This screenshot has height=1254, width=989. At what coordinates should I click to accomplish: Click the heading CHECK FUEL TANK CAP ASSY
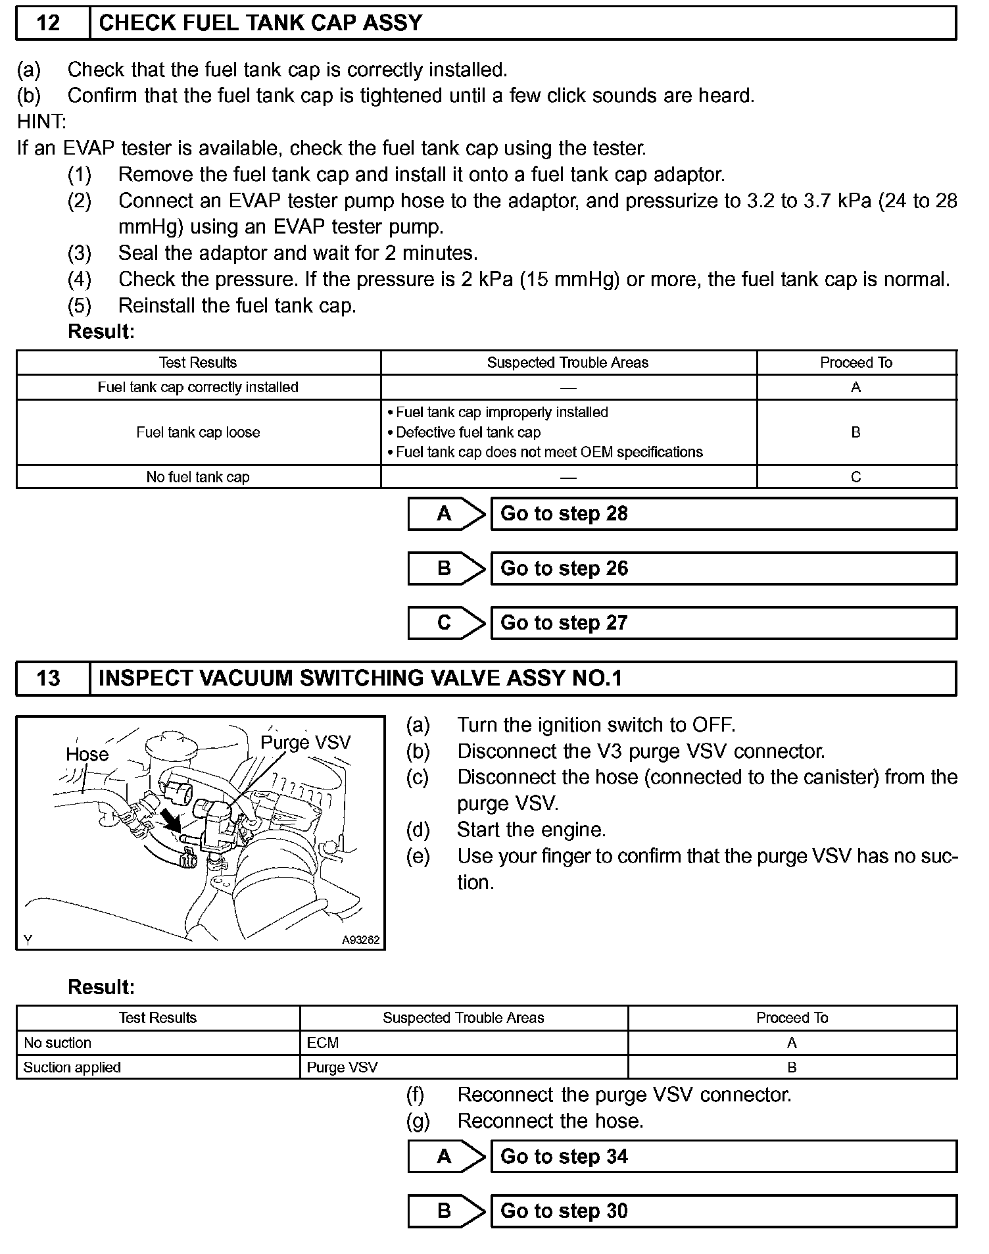coord(260,23)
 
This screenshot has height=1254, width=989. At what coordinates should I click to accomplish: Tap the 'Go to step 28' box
coord(723,514)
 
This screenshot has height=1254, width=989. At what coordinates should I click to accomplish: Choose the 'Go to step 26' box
coord(723,568)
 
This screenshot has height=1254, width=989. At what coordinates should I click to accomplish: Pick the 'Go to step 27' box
coord(723,623)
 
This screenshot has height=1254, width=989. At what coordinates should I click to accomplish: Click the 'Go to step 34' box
coord(723,1157)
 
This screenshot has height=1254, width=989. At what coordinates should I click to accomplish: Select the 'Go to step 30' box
coord(723,1211)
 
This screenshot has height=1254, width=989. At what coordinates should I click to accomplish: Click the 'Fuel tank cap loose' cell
coord(198,432)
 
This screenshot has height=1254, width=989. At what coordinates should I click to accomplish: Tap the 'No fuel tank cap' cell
coord(198,477)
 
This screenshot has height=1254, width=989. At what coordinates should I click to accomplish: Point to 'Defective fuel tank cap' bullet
coord(468,432)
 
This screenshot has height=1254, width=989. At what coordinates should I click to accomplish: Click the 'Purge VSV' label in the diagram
coord(306,743)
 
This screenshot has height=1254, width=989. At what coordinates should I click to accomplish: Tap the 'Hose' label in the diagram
coord(87,754)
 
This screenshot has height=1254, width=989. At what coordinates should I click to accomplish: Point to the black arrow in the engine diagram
coord(172,820)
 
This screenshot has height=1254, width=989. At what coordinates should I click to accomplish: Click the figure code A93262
coord(360,940)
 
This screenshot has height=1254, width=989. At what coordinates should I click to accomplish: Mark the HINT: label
coord(41,122)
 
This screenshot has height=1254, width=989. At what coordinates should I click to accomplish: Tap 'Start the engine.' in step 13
coord(531,830)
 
